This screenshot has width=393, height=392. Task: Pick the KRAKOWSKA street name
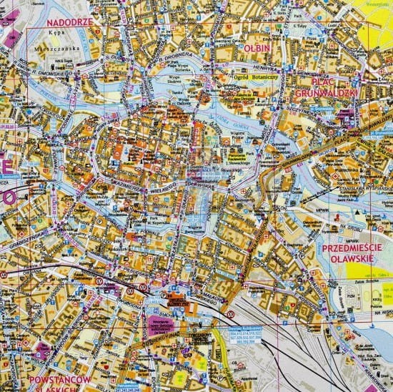(379, 358)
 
